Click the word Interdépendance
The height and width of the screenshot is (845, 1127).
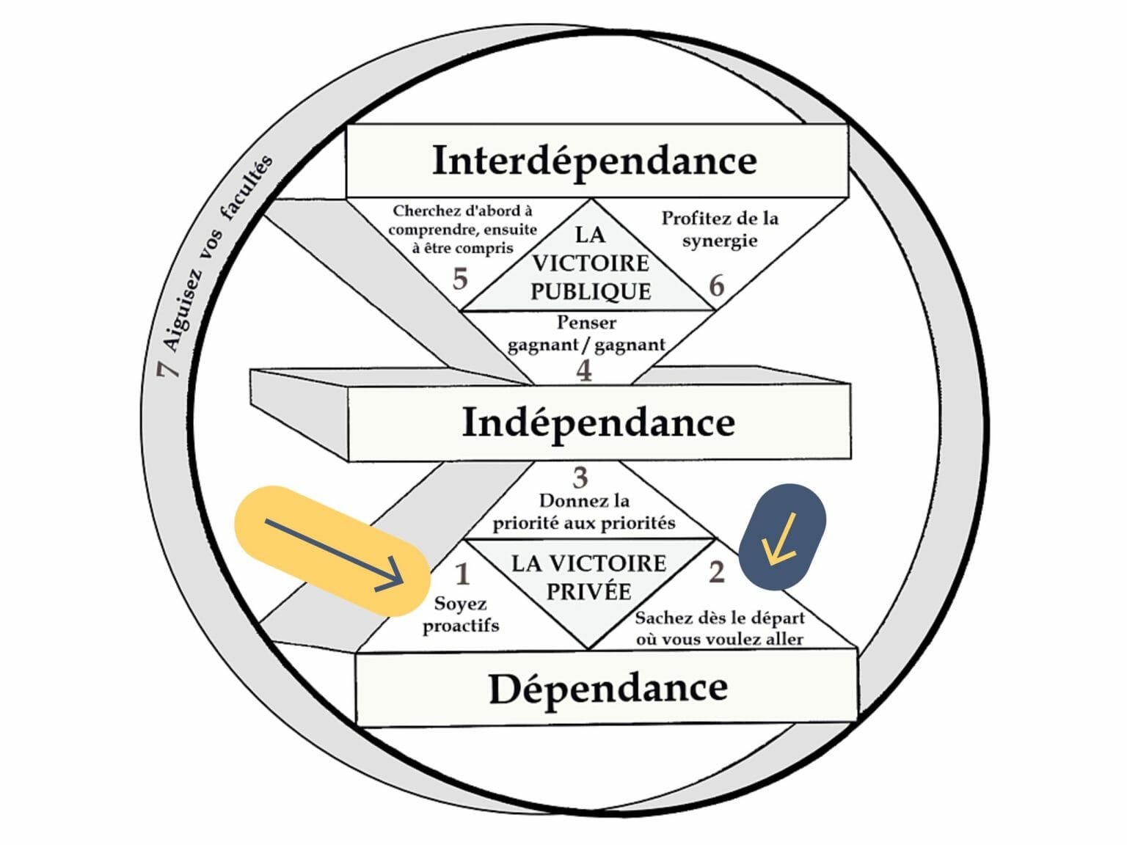594,161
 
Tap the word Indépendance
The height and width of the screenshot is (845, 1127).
599,423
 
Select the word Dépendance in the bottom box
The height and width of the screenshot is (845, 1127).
608,689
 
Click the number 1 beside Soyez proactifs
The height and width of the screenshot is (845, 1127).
462,574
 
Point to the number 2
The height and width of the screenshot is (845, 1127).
717,571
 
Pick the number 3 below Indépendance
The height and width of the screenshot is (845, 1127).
580,478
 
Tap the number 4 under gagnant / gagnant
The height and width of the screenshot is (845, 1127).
584,370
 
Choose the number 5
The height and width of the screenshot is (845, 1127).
460,279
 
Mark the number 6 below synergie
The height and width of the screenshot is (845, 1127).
717,285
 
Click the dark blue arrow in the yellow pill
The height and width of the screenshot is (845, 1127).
335,555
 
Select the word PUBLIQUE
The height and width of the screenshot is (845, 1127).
591,292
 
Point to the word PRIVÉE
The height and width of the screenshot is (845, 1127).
589,591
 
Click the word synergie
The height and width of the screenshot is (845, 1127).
720,241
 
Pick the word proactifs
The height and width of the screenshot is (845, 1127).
461,626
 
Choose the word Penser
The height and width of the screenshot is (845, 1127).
586,323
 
